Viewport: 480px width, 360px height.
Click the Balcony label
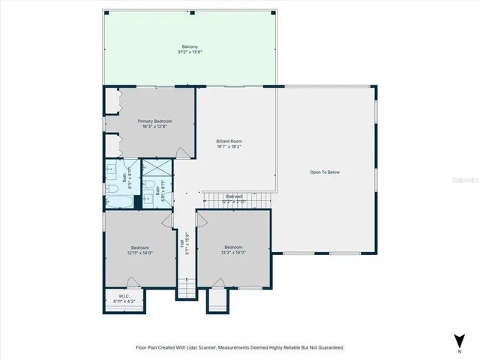click(189, 46)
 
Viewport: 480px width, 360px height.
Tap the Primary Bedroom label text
click(154, 121)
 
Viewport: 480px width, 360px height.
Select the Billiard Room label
click(229, 141)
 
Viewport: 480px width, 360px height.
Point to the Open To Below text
click(325, 172)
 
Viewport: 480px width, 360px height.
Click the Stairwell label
click(234, 196)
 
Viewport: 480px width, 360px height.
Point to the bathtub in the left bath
click(118, 201)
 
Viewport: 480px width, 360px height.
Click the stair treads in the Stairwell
click(236, 200)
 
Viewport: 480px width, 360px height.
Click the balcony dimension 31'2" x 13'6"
click(189, 52)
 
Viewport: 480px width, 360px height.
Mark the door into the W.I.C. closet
click(131, 283)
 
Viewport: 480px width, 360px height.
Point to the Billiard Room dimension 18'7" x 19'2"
click(229, 147)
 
